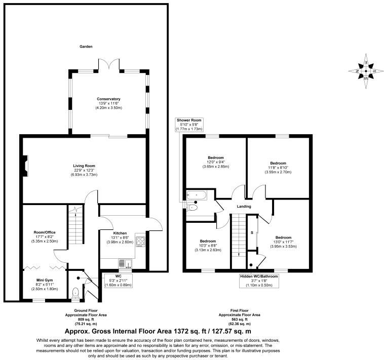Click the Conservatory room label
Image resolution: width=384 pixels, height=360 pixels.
(x=108, y=99)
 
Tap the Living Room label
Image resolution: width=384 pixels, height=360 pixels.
(x=84, y=166)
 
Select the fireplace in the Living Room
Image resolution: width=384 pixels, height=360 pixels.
(x=25, y=166)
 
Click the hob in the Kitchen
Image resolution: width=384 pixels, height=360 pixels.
(x=140, y=242)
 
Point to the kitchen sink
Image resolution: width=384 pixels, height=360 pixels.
(x=125, y=264)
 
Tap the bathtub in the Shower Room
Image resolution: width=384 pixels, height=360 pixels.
(x=197, y=195)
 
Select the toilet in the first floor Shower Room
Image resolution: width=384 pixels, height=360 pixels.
(x=192, y=208)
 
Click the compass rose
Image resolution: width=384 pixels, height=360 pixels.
(x=366, y=71)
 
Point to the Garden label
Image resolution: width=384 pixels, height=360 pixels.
(x=86, y=47)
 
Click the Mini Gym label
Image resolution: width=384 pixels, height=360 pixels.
(x=45, y=280)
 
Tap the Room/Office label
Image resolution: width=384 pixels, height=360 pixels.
(x=45, y=232)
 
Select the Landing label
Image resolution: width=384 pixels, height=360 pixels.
(x=244, y=206)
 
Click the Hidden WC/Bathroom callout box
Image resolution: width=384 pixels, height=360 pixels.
(x=259, y=281)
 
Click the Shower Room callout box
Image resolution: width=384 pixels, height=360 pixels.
(x=189, y=125)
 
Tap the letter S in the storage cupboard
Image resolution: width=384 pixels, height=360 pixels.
(x=252, y=233)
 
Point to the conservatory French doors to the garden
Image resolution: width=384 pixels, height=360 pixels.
(x=109, y=65)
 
